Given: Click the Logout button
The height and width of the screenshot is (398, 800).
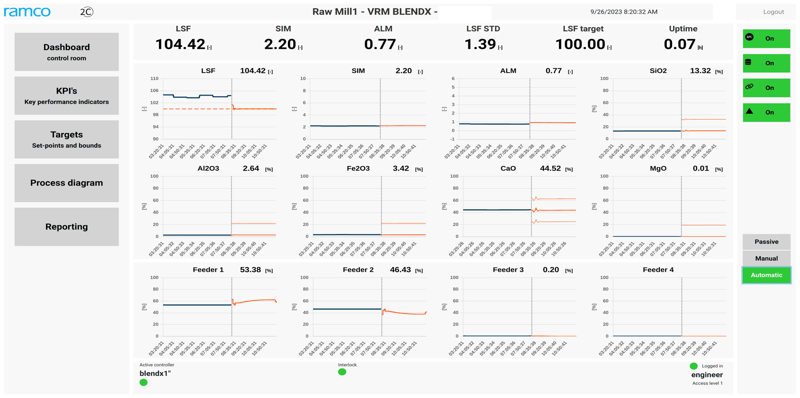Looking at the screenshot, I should [x=773, y=12].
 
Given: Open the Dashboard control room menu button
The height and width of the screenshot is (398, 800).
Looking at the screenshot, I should [x=66, y=52].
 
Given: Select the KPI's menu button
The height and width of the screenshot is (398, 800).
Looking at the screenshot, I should [x=66, y=96].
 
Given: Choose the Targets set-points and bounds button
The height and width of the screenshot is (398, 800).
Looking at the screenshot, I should [x=66, y=139].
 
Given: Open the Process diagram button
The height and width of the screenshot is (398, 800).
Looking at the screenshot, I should [x=66, y=183].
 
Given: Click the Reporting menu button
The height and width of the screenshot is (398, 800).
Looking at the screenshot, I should [x=66, y=227].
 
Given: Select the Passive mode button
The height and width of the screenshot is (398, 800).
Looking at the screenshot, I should [x=766, y=242].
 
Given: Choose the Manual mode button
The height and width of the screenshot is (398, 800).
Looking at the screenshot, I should [x=766, y=258].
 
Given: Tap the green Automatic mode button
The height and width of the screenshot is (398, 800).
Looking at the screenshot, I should [x=766, y=275].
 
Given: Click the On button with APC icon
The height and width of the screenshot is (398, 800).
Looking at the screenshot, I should [x=766, y=39].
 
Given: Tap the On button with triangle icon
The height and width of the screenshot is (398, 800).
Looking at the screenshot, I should [x=766, y=112].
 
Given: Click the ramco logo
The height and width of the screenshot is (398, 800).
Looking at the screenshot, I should [x=27, y=12].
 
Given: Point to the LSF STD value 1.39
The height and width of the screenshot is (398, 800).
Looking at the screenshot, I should [x=480, y=45].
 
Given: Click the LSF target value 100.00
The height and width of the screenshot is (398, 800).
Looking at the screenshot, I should [x=580, y=45].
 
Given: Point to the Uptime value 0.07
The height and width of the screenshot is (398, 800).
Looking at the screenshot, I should [x=679, y=45].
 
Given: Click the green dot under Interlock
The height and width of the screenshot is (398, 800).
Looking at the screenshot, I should [x=342, y=372].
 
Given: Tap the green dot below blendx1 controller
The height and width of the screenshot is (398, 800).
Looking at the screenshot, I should [x=143, y=382].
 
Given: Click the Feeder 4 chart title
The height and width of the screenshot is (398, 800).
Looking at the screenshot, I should [x=658, y=270].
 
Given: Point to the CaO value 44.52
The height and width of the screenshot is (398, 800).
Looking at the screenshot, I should [x=550, y=168].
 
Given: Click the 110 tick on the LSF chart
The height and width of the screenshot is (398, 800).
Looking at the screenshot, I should [x=154, y=79].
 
